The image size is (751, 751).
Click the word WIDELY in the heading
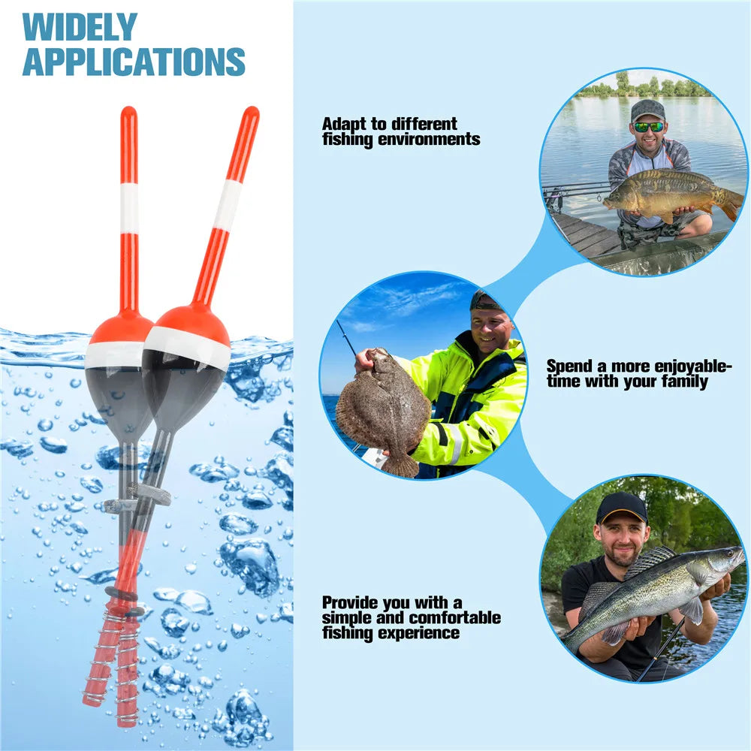(80, 27)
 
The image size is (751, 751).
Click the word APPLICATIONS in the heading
(134, 62)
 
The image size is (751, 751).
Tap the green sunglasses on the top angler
(647, 127)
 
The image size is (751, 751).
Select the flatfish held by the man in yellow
(382, 412)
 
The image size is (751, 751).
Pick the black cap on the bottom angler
(622, 507)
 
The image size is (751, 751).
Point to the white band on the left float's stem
(129, 208)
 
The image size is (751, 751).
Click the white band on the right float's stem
(228, 204)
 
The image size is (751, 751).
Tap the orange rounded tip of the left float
(128, 116)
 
